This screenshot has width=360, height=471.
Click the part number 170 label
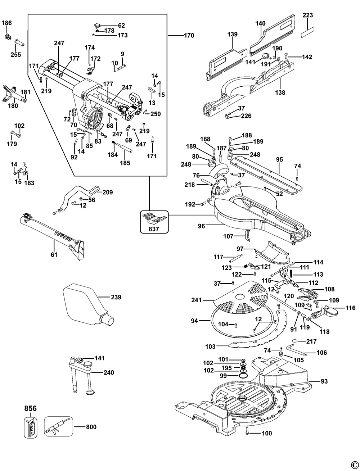(189, 35)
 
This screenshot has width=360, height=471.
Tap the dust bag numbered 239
(87, 304)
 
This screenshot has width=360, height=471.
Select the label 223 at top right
(308, 15)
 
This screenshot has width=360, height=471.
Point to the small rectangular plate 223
(308, 32)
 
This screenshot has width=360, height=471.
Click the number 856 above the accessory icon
(30, 408)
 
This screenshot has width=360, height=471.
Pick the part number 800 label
(91, 427)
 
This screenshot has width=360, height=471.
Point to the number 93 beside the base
(324, 381)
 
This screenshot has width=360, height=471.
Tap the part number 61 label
(54, 255)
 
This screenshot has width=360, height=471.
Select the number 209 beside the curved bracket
(108, 192)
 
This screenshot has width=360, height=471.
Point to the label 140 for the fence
(260, 23)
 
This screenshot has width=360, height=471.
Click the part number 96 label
(201, 226)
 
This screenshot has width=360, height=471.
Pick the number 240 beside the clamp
(109, 372)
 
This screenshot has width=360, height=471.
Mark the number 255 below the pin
(16, 54)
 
